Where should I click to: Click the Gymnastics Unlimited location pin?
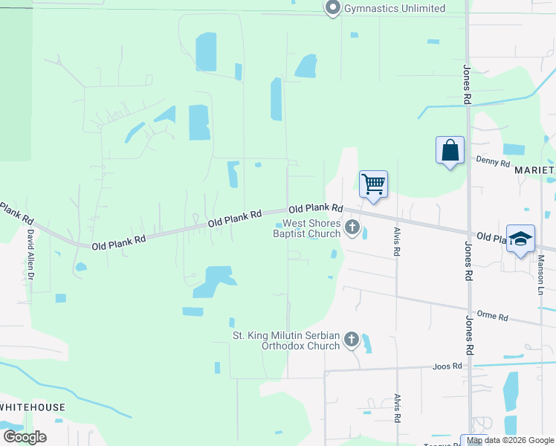coord(332,8)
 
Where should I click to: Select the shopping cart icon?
coord(373,183)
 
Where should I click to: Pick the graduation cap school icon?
coord(520,239)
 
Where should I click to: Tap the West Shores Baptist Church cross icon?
coord(353,227)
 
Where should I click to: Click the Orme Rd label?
coord(492,317)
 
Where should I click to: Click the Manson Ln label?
coord(541,273)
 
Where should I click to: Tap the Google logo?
coord(25,437)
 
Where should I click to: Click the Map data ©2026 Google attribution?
coord(511,440)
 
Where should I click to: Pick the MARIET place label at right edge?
coord(534,170)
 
